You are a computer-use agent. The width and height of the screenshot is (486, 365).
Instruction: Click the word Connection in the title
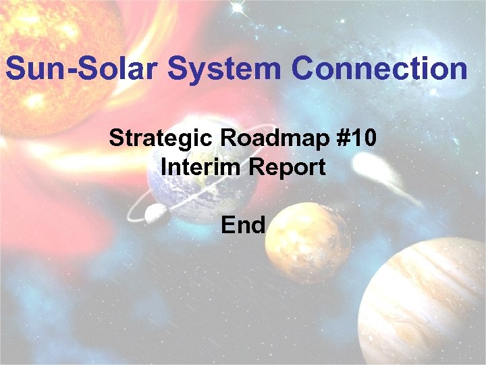coord(379,69)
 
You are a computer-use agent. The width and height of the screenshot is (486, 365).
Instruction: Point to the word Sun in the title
coord(32,69)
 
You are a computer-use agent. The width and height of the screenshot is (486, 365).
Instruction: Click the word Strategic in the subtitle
coord(160,139)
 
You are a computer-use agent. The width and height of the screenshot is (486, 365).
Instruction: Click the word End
coord(243,224)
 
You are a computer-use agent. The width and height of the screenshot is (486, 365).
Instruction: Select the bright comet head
coord(368,162)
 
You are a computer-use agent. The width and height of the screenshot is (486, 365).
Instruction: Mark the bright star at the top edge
coord(237,8)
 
